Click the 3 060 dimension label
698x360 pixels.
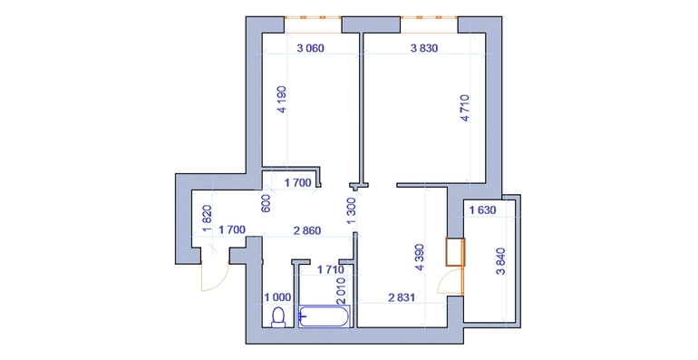pyautogui.click(x=310, y=48)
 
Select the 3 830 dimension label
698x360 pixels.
pyautogui.click(x=424, y=48)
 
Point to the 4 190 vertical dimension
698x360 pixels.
pyautogui.click(x=282, y=100)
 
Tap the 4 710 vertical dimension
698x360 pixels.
pyautogui.click(x=465, y=108)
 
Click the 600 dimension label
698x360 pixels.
pyautogui.click(x=266, y=204)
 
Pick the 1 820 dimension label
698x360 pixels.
pyautogui.click(x=207, y=219)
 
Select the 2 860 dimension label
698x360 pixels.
pyautogui.click(x=307, y=230)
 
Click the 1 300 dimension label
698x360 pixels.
pyautogui.click(x=351, y=211)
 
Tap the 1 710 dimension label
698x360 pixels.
pyautogui.click(x=330, y=269)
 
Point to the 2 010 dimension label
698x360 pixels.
pyautogui.click(x=342, y=290)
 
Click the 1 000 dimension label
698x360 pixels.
pyautogui.click(x=277, y=297)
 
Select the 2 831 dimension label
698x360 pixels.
pyautogui.click(x=402, y=297)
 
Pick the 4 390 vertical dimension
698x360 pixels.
pyautogui.click(x=419, y=258)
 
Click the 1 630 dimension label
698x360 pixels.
pyautogui.click(x=482, y=209)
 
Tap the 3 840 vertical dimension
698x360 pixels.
pyautogui.click(x=500, y=261)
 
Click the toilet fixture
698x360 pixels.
pyautogui.click(x=278, y=317)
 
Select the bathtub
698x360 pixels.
pyautogui.click(x=325, y=316)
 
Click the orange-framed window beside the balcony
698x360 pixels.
pyautogui.click(x=455, y=252)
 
